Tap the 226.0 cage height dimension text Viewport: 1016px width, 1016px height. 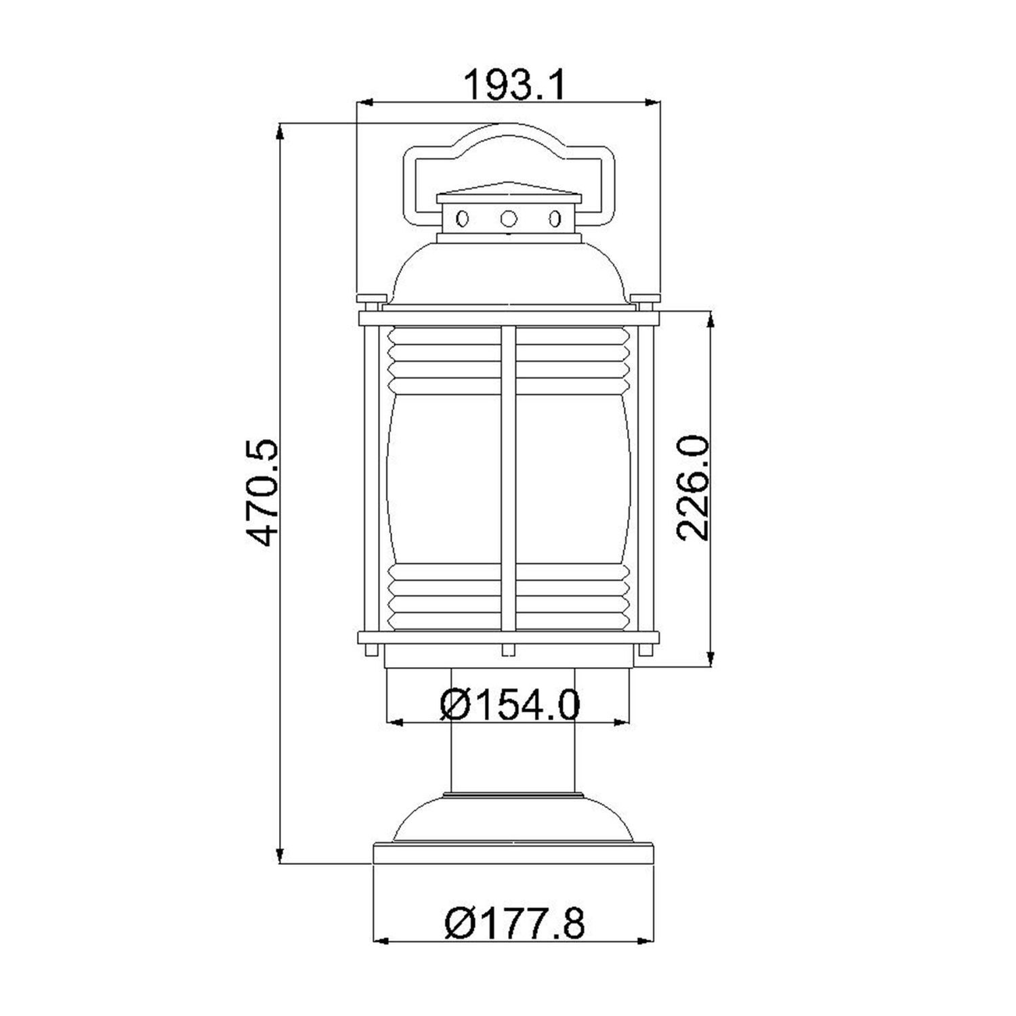coord(692,488)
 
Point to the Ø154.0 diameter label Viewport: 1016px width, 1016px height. coord(509,704)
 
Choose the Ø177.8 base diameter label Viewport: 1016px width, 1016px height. coord(515,923)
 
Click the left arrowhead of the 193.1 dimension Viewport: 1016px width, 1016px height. coord(365,103)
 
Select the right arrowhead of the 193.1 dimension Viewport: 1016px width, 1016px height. coord(653,103)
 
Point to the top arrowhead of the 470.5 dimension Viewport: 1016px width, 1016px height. coord(280,131)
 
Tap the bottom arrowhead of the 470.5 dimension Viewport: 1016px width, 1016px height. coord(280,855)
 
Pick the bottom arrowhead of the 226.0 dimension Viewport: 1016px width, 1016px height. coord(710,658)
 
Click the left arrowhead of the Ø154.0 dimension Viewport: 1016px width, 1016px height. coord(394,722)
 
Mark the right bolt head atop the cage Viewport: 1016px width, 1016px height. coord(644,299)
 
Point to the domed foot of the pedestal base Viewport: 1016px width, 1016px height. coord(512,820)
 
